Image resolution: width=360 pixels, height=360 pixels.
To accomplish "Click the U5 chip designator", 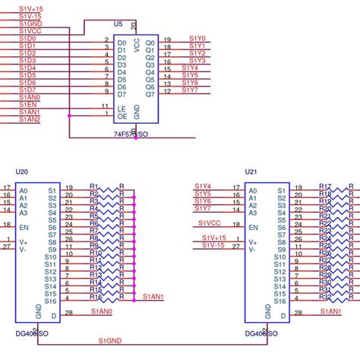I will click(118, 24).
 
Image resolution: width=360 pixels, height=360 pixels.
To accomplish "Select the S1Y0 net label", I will click(197, 39).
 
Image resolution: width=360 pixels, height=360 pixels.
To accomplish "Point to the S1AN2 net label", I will click(29, 119).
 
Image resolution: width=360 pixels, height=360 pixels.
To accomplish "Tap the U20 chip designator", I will click(21, 172).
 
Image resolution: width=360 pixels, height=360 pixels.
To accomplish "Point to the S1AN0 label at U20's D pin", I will click(102, 311).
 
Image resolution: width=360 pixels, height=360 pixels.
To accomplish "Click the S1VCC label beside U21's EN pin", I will click(210, 223).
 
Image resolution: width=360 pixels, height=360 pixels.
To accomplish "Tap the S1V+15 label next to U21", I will click(213, 238).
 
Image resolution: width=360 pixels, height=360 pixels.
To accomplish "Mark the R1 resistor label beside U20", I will click(93, 185).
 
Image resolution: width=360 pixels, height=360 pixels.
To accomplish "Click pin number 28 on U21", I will click(298, 312).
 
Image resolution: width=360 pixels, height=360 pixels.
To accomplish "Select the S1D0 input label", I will click(27, 39).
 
